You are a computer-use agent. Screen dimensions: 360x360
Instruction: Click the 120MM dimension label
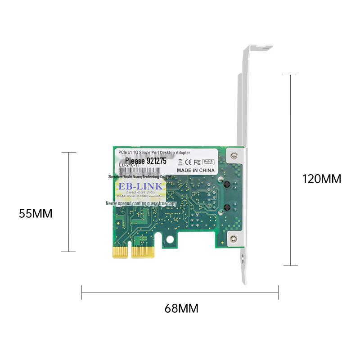[321, 179]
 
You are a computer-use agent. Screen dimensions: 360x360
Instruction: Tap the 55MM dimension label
[36, 213]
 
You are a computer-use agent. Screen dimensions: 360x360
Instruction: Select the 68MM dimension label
[181, 309]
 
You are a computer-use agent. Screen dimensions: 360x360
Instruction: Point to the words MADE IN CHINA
[195, 171]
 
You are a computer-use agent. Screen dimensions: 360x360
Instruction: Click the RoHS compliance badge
[208, 161]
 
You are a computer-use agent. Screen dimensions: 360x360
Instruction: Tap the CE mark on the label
[187, 161]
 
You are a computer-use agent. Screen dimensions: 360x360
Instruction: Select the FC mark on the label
[197, 161]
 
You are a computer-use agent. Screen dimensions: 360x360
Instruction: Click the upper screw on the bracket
[233, 156]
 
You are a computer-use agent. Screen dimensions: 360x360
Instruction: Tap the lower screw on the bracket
[233, 240]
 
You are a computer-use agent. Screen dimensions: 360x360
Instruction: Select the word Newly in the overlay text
[112, 203]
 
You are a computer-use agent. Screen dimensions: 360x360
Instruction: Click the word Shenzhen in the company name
[118, 178]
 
